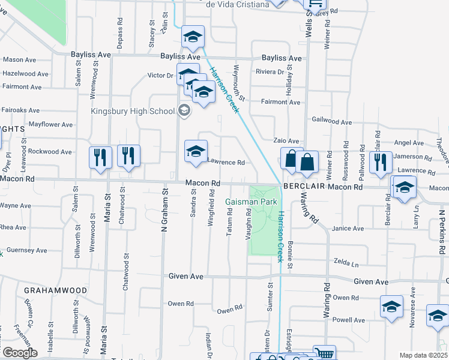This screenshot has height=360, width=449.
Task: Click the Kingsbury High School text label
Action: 132,111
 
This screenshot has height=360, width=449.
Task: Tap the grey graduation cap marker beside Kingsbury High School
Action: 184,110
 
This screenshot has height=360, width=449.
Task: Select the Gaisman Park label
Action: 251,202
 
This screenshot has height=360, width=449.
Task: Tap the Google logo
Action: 19,353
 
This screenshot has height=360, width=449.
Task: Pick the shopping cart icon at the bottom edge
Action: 325,355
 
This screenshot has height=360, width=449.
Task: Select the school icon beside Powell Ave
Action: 391,307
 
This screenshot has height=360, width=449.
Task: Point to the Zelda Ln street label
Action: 346,264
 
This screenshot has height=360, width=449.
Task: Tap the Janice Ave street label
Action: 348,229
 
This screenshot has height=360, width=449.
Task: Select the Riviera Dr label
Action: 270,72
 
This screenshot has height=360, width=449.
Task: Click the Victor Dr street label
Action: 160,76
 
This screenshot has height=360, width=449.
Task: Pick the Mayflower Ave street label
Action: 51,125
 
